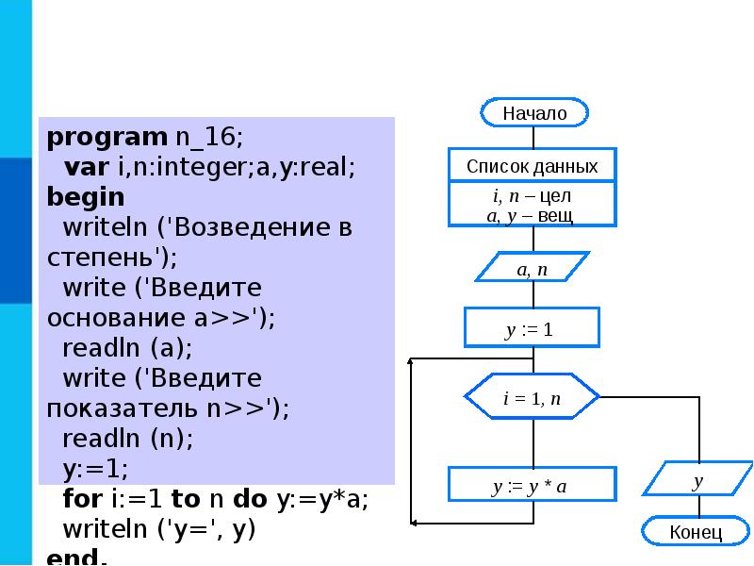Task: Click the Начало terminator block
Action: pos(534,112)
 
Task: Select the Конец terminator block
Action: pos(696,532)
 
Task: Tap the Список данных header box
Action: pos(533,166)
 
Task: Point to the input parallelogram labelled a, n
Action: pos(533,269)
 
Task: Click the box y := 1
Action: pos(532,329)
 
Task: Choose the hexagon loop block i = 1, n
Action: pos(533,398)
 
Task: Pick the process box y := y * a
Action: pos(533,487)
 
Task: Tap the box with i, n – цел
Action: pos(533,205)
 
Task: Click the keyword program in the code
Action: pos(107,137)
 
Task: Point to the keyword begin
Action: pos(86,197)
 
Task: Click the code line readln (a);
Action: pos(127,348)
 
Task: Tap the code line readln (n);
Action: pos(127,439)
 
